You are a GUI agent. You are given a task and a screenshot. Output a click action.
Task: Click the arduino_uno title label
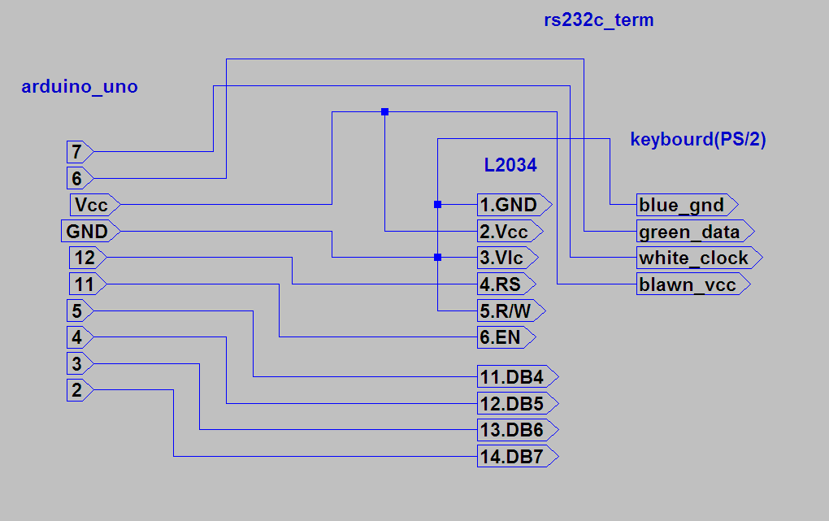(79, 87)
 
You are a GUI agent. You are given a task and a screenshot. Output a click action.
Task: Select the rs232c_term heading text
(598, 20)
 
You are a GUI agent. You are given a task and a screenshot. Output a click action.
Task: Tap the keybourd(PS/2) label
(698, 139)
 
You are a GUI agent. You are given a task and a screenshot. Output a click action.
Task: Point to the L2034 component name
(510, 165)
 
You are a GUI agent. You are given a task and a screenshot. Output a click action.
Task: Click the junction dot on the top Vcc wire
(384, 111)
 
